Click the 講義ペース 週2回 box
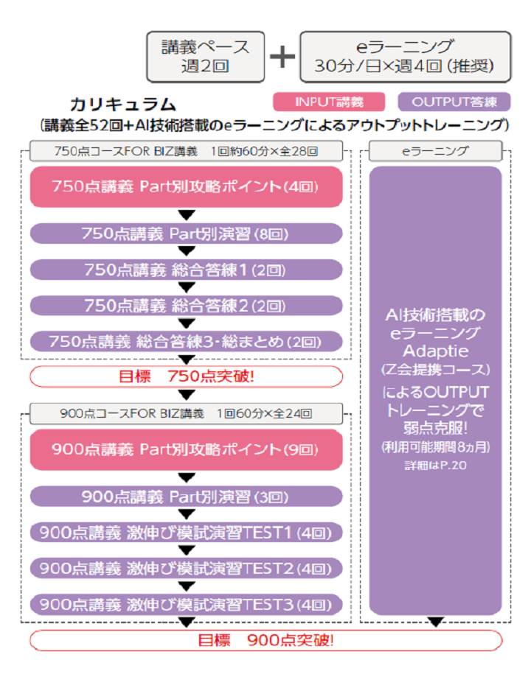coord(205,56)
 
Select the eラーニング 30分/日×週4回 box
coord(405,56)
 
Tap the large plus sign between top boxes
coord(282,57)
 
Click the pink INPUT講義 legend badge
coord(329,102)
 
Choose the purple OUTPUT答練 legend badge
coord(454,102)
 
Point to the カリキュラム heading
coord(122,104)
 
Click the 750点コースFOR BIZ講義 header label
coord(187,152)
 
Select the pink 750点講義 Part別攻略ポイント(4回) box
coord(187,186)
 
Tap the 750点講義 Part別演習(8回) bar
coord(187,234)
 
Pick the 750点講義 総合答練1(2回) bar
coord(187,270)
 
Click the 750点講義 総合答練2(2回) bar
coord(187,305)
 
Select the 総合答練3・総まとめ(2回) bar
coord(187,341)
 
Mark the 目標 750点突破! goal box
coord(187,376)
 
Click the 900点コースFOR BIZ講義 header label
coord(187,413)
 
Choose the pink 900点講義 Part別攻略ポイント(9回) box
coord(187,449)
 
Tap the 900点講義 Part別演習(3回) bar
coord(187,496)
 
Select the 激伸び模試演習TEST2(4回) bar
coord(187,568)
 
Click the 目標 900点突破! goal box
coord(265,639)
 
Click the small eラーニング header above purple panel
coord(435,152)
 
